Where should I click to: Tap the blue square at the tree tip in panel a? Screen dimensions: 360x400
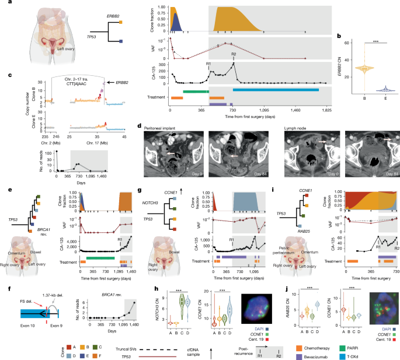click(120, 41)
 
